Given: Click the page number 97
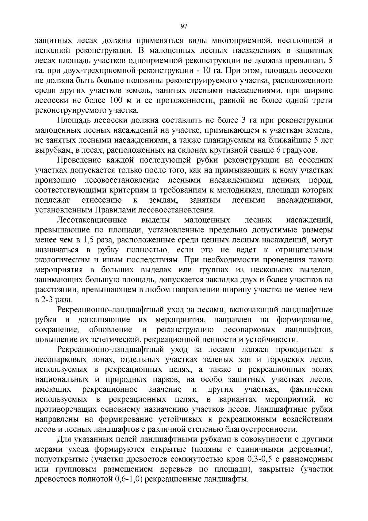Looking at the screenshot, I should (x=184, y=26).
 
